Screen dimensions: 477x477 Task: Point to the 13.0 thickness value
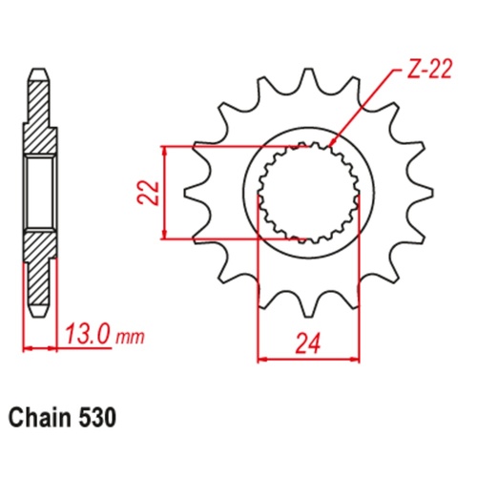point(84,334)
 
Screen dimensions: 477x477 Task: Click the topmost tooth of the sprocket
point(308,81)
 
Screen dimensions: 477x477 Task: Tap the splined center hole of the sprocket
point(308,192)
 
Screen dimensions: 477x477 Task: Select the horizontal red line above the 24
point(308,359)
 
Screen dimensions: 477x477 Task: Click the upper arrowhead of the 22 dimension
point(167,151)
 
